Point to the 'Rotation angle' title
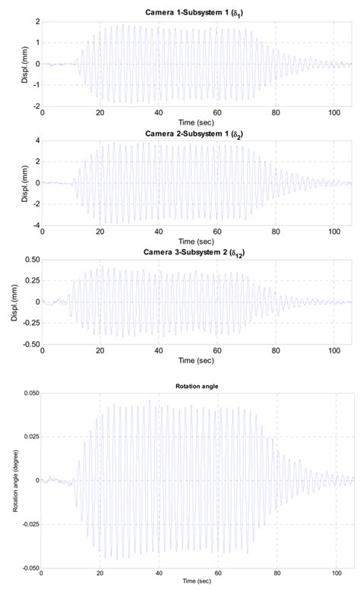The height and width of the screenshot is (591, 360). pos(196,386)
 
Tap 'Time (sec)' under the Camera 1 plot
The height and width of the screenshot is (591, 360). pos(196,122)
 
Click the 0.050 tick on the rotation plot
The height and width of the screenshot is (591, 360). pos(27,393)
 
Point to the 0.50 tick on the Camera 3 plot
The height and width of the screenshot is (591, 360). pos(30,259)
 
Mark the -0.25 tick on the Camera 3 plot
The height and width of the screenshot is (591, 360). pos(28,323)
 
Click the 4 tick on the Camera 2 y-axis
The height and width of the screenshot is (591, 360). pos(36,141)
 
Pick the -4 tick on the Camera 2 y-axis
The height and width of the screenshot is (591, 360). pos(34,226)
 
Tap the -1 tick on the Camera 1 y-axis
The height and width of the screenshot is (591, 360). pos(34,86)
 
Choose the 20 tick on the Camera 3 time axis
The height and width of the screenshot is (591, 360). pos(100,350)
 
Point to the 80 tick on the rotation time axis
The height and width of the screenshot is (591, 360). pos(276,575)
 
